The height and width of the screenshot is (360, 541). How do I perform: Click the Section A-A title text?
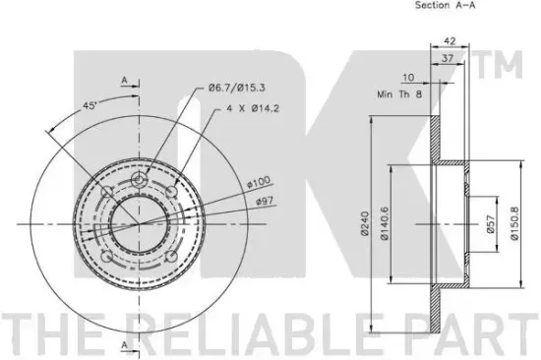tap(445, 5)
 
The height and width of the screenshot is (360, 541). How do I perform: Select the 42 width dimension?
tap(450, 40)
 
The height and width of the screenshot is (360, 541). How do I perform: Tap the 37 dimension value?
tap(448, 58)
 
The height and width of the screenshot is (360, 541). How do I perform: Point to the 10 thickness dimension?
tap(408, 77)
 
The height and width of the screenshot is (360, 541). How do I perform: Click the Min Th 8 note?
tap(399, 93)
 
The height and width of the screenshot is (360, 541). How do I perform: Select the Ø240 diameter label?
tap(365, 223)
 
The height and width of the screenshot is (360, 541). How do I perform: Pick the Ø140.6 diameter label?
tap(384, 223)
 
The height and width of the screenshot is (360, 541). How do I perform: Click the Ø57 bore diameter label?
tap(491, 223)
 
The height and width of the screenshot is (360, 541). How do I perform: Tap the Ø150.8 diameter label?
tap(514, 223)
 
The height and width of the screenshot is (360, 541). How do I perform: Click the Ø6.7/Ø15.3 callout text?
tap(237, 88)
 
